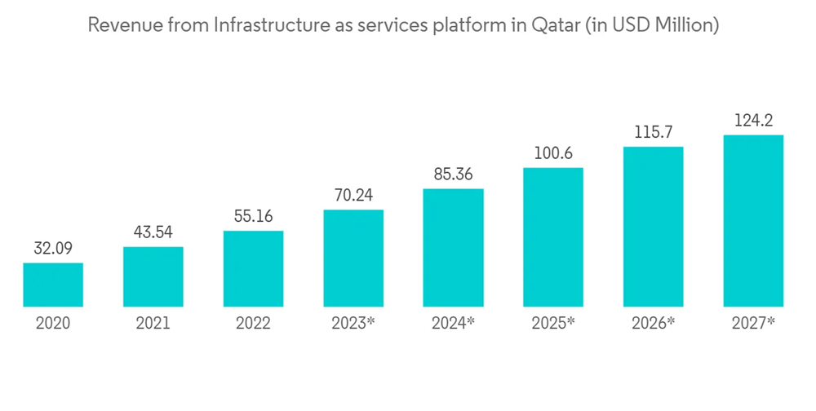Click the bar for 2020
coord(53,285)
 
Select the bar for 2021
coord(153,276)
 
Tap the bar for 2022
coord(253,269)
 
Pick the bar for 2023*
coord(353,259)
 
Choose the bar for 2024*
coord(453,248)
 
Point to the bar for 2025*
coord(553,237)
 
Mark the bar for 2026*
coord(653,227)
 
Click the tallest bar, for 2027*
coord(753,221)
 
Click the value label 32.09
coord(53,249)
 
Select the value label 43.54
coord(153,232)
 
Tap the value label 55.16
coord(253,217)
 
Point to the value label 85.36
coord(453,175)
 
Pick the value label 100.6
coord(553,153)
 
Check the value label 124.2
coord(753,121)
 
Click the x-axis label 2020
coord(53,323)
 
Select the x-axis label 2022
coord(253,323)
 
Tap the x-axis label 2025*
coord(553,323)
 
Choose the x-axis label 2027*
coord(753,323)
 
